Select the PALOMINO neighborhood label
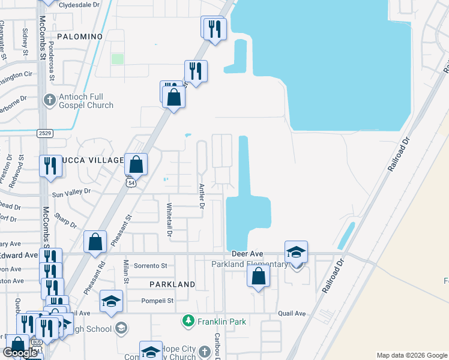point(80,37)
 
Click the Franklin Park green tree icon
point(188,322)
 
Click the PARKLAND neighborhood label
point(172,284)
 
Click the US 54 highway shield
point(130,182)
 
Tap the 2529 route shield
point(44,133)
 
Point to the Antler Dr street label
point(202,196)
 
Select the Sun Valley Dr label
point(71,193)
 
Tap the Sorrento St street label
point(151,265)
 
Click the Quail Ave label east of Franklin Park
point(292,313)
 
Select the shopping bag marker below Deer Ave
point(258,277)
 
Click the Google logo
point(20,353)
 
